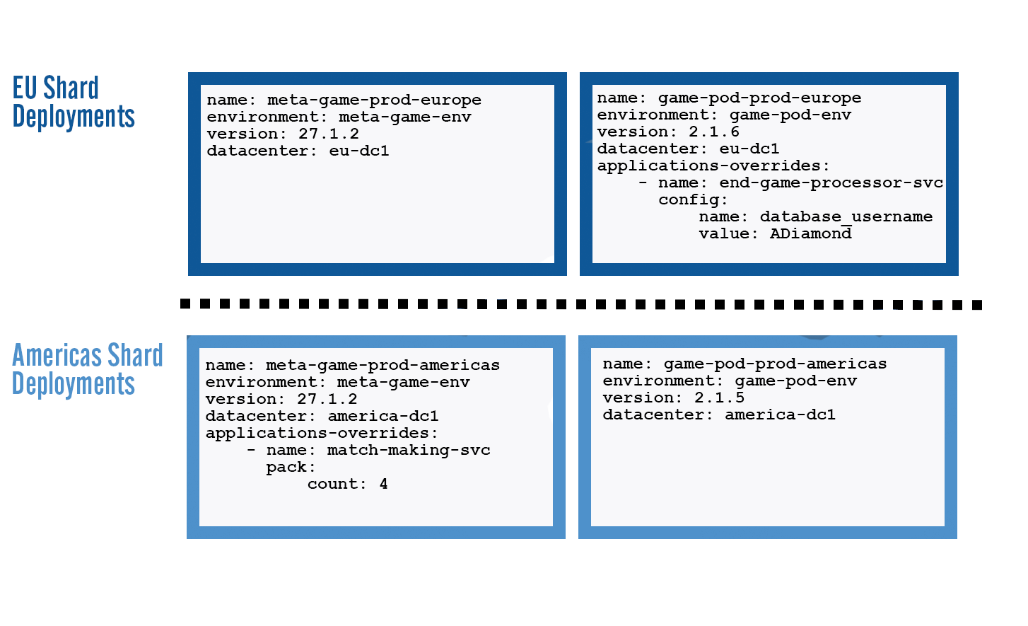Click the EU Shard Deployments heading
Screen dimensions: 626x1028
pos(73,103)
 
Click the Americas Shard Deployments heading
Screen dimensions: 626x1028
pos(86,370)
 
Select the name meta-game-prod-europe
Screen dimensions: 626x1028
pos(374,100)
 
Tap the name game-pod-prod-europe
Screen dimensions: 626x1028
pos(759,98)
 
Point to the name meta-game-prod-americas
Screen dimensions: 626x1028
pos(382,366)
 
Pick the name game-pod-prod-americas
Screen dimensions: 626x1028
pos(775,364)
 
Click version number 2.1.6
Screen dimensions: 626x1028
pos(714,132)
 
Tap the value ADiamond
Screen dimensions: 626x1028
pos(810,234)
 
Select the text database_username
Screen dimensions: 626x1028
pos(846,217)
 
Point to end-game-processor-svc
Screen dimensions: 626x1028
pos(831,183)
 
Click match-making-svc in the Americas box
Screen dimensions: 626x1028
pos(409,451)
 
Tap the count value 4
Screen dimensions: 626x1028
pos(383,485)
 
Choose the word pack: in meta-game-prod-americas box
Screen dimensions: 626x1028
pos(291,468)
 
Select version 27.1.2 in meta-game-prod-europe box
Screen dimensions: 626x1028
pos(329,134)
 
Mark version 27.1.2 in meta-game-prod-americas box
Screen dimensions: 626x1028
pos(327,400)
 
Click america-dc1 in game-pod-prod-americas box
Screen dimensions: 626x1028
pos(780,415)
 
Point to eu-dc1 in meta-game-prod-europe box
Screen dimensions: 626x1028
pos(359,151)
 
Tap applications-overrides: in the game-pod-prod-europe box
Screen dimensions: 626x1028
pos(713,166)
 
